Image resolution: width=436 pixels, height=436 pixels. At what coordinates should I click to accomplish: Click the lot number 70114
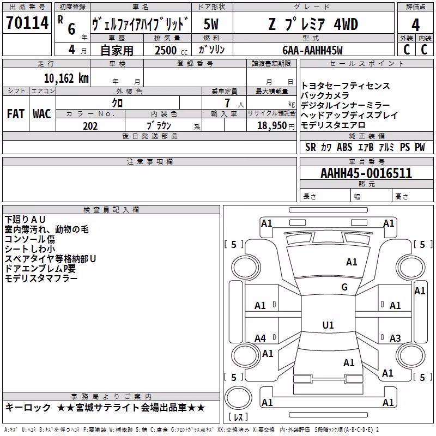pyautogui.click(x=27, y=23)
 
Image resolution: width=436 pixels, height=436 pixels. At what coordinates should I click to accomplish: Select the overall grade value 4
pyautogui.click(x=415, y=25)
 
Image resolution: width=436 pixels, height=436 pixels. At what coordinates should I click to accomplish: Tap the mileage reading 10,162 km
pyautogui.click(x=66, y=78)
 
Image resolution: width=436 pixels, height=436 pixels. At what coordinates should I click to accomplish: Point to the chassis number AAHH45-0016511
pyautogui.click(x=366, y=173)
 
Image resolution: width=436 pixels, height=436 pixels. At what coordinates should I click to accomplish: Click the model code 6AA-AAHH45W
pyautogui.click(x=312, y=50)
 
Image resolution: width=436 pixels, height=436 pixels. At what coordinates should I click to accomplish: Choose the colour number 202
pyautogui.click(x=90, y=126)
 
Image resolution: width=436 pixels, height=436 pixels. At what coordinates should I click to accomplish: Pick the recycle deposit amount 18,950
pyautogui.click(x=271, y=126)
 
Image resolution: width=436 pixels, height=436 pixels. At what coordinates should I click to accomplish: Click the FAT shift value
pyautogui.click(x=16, y=114)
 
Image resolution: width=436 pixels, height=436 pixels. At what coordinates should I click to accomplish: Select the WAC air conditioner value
pyautogui.click(x=42, y=114)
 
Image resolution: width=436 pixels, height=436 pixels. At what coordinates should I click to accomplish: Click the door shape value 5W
pyautogui.click(x=211, y=24)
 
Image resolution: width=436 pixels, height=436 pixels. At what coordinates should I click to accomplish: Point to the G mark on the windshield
pyautogui.click(x=344, y=287)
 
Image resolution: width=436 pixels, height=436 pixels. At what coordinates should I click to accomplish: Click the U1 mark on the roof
pyautogui.click(x=328, y=325)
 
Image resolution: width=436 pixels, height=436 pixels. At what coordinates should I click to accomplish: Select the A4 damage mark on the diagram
pyautogui.click(x=261, y=338)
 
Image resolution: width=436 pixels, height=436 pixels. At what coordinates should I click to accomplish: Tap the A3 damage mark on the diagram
pyautogui.click(x=395, y=338)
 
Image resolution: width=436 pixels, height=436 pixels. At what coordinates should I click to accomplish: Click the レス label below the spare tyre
pyautogui.click(x=239, y=417)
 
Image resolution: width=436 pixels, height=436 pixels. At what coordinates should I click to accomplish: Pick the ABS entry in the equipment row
pyautogui.click(x=344, y=147)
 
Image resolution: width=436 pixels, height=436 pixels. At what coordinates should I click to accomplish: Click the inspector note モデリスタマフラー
pyautogui.click(x=41, y=278)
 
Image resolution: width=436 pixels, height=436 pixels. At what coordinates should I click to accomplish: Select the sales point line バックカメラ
pyautogui.click(x=325, y=96)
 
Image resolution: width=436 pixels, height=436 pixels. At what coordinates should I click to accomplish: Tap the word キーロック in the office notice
pyautogui.click(x=28, y=408)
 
